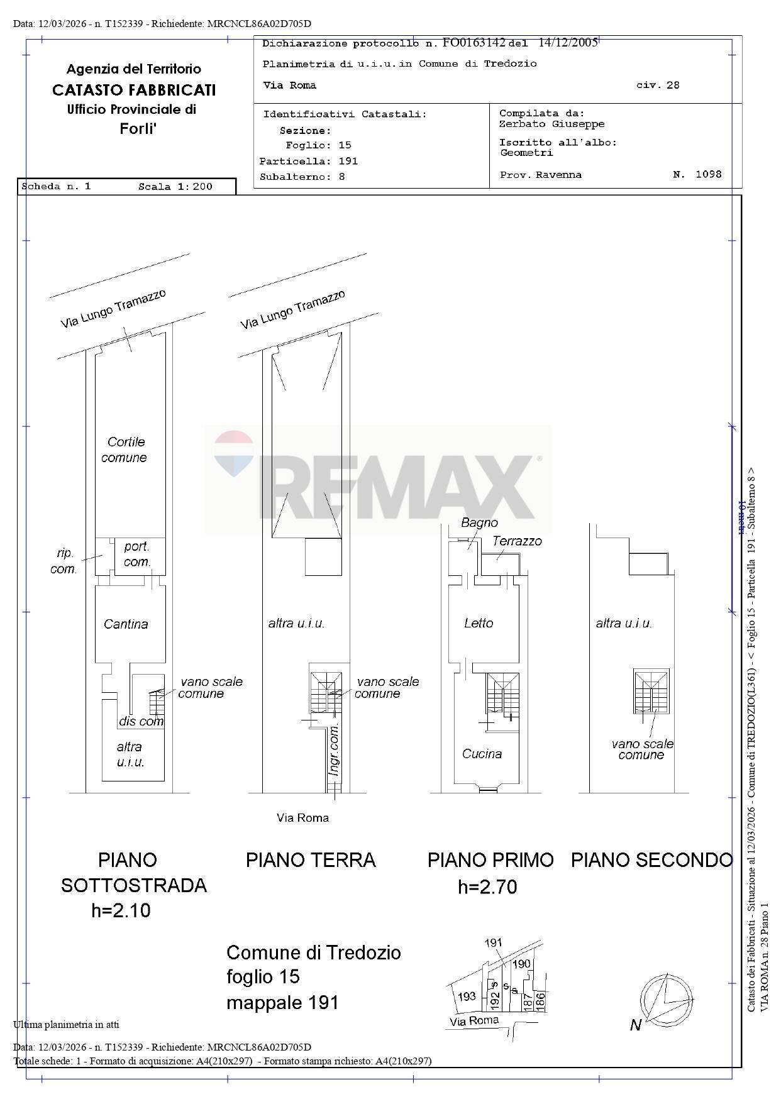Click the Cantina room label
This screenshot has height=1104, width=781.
click(x=126, y=624)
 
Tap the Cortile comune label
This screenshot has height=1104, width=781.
click(x=125, y=450)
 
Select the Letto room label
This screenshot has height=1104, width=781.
click(x=479, y=623)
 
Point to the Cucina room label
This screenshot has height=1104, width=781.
click(x=482, y=754)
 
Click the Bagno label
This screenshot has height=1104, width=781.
click(x=479, y=522)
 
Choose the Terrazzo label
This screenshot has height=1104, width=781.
click(x=517, y=541)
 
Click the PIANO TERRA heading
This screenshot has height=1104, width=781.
click(x=311, y=860)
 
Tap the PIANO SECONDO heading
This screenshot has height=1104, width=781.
click(x=651, y=860)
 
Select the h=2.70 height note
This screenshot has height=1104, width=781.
click(x=487, y=887)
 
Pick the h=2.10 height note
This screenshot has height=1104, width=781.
click(x=121, y=910)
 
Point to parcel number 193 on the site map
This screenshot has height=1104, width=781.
click(x=466, y=996)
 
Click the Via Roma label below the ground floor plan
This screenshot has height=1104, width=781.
click(x=302, y=818)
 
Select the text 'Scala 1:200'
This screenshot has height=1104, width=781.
click(x=175, y=187)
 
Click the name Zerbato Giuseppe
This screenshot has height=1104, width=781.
click(x=551, y=124)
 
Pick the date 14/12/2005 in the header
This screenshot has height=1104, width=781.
click(x=568, y=43)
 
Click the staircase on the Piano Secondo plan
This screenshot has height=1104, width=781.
click(x=651, y=692)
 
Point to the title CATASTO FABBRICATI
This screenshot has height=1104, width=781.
click(x=134, y=90)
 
